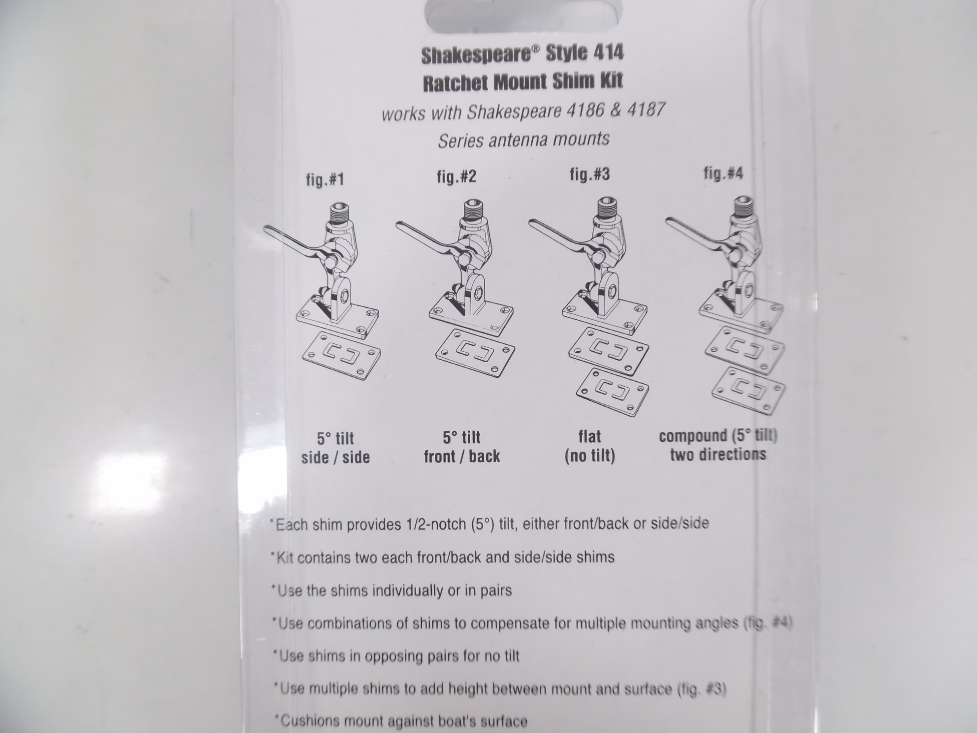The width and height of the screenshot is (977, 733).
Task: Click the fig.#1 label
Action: coord(325,179)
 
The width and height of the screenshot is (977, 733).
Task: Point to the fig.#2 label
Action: coord(456,176)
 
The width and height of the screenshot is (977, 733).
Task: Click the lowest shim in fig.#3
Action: coord(612,392)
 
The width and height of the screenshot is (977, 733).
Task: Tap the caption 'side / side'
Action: coord(335,457)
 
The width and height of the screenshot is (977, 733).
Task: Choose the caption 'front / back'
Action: coord(462,456)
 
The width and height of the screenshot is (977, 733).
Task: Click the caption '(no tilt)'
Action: coord(589,456)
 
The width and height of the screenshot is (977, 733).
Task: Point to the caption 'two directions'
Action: coord(718,454)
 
